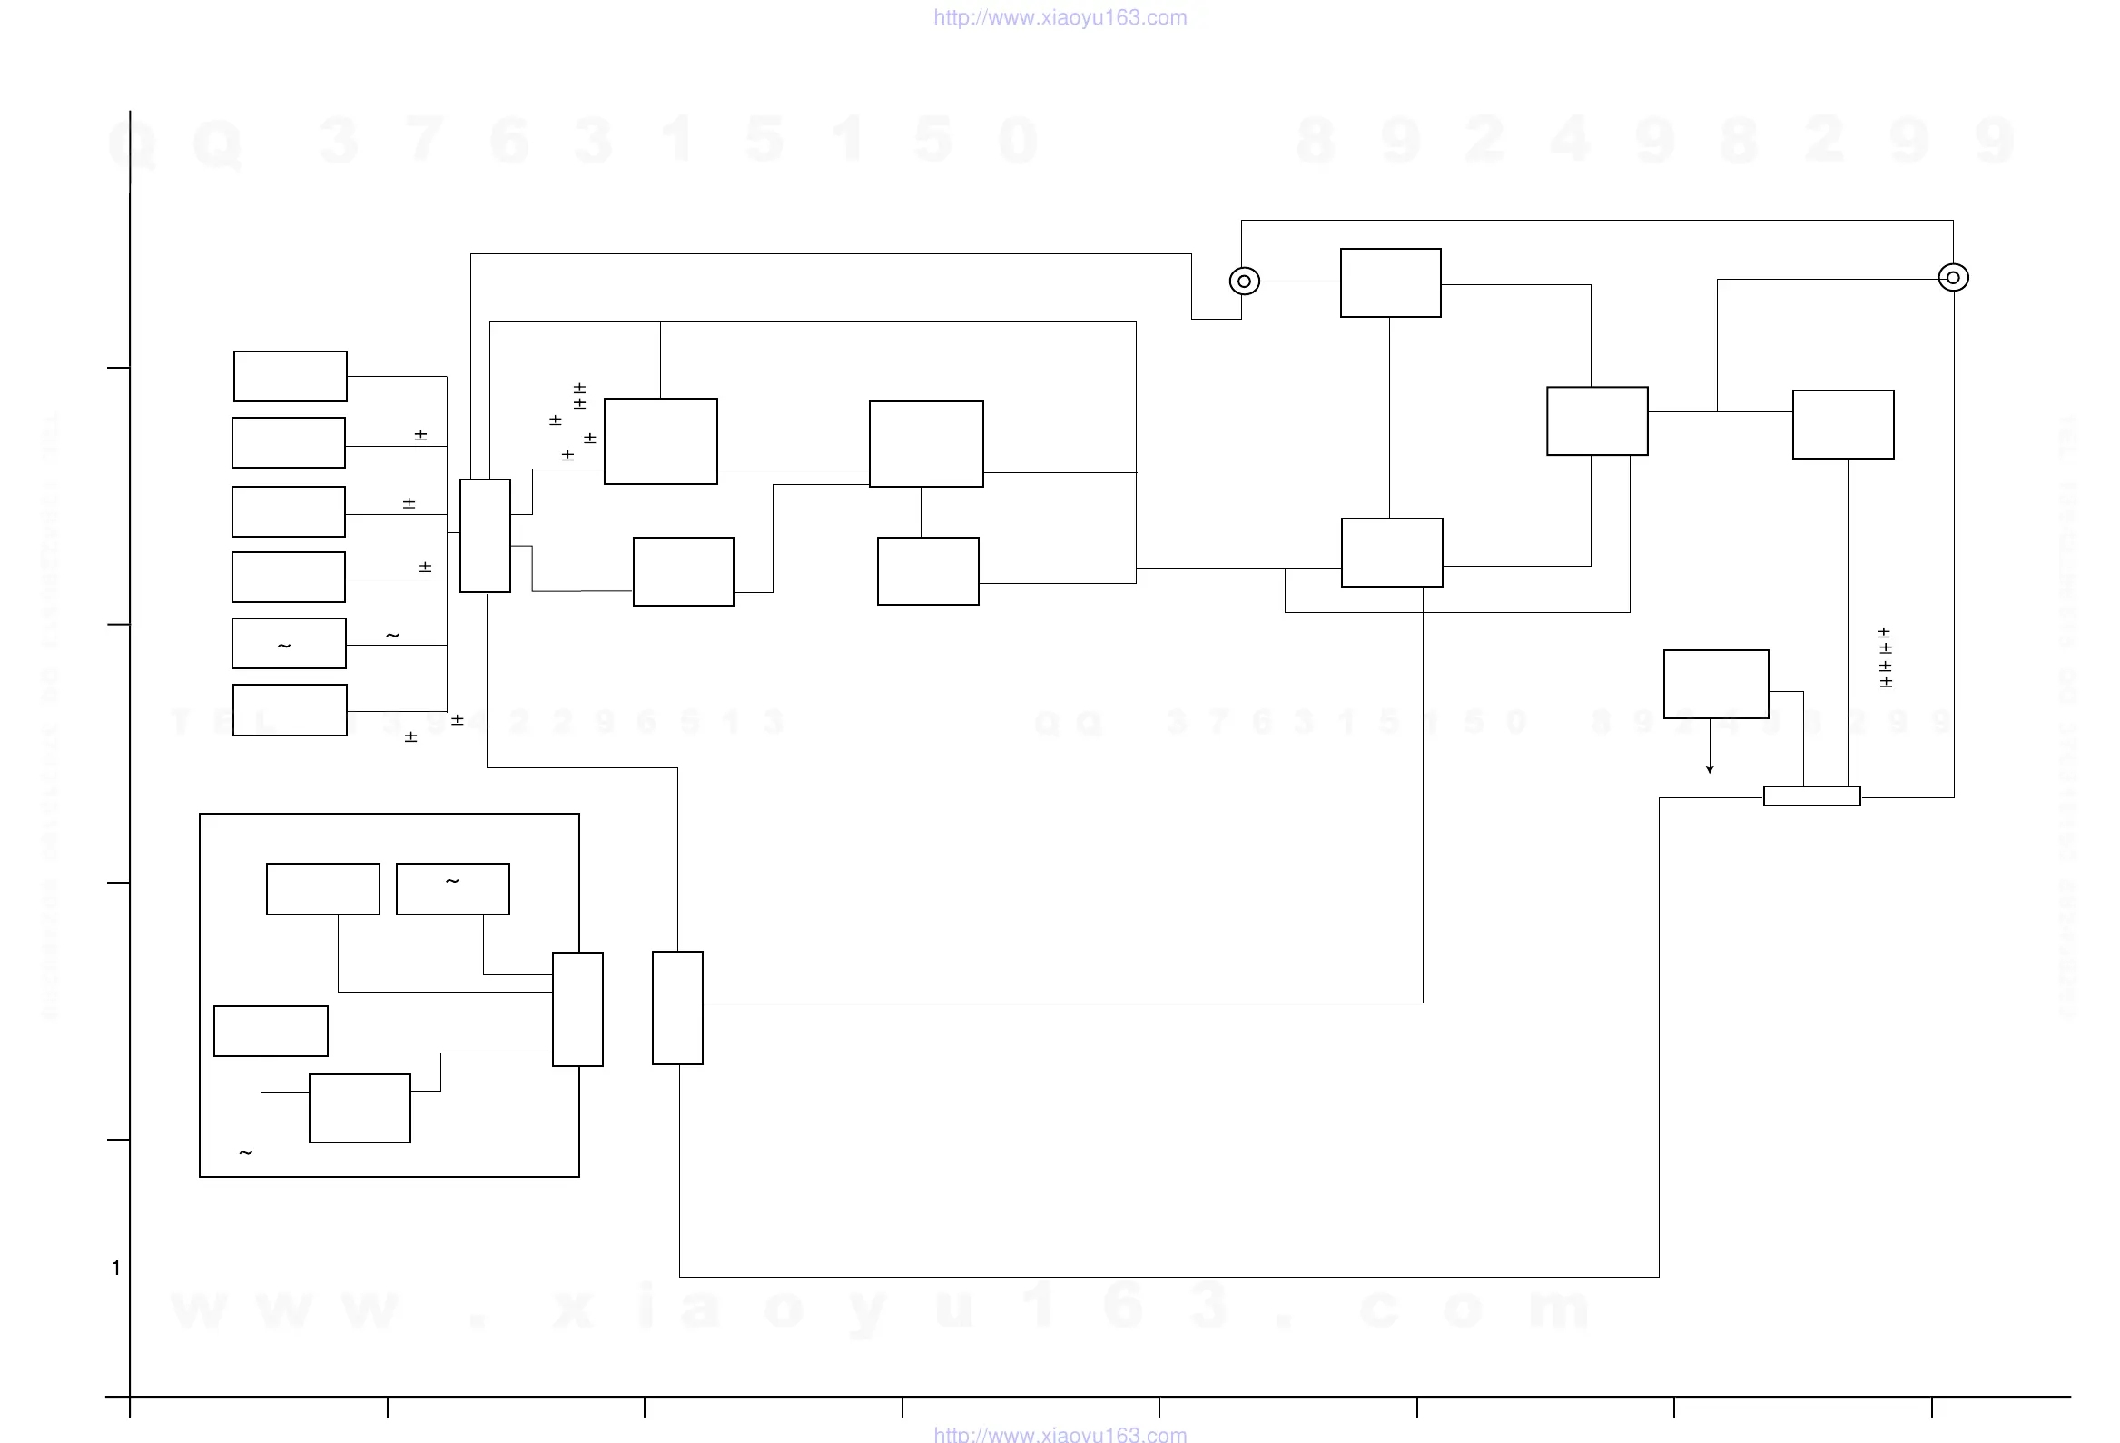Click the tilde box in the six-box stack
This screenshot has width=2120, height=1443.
(288, 643)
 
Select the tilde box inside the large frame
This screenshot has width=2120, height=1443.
(452, 888)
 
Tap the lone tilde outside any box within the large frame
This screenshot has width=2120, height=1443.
(245, 1153)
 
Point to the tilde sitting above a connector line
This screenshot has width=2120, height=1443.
(392, 635)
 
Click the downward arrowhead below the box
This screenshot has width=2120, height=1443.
(1710, 769)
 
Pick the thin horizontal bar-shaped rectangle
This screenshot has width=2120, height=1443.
(1811, 796)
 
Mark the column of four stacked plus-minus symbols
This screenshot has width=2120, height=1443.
(1885, 657)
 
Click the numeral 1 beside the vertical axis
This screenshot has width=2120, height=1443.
(116, 1267)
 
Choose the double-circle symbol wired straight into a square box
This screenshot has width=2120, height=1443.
(1244, 281)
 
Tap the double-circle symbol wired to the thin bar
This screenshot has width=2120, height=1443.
(1953, 277)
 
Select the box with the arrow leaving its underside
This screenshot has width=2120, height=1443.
(1716, 684)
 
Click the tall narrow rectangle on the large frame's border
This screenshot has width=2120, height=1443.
(577, 1009)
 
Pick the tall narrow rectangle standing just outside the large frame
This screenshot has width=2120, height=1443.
(678, 1008)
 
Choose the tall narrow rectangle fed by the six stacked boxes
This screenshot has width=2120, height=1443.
(485, 536)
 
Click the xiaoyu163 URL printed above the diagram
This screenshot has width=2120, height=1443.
(1060, 17)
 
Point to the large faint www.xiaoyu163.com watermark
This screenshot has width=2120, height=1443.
(881, 1306)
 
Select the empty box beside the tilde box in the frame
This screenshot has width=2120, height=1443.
(323, 888)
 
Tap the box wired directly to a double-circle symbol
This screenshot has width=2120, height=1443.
(1390, 282)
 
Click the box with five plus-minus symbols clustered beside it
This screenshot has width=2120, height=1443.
(660, 441)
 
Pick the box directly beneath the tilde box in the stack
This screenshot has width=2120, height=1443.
(291, 709)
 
